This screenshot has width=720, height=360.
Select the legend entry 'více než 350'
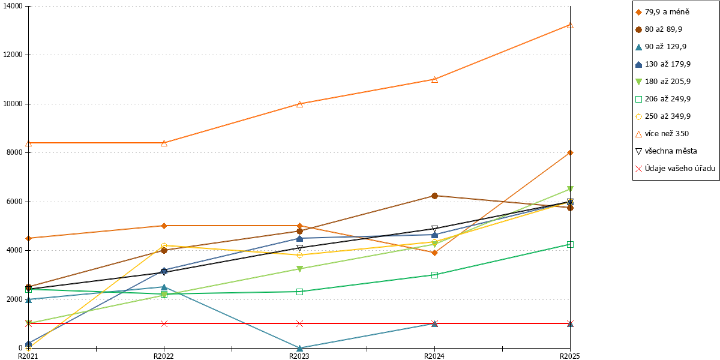(662, 134)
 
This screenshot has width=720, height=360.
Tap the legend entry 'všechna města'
(667, 151)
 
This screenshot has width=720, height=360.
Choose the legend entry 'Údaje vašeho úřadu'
(676, 169)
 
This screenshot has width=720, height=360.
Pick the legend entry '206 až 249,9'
(663, 99)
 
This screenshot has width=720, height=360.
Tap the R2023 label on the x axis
(299, 356)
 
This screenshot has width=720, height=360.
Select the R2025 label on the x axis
(570, 356)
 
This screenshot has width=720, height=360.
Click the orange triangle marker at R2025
(570, 25)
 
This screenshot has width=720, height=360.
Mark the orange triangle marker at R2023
(299, 104)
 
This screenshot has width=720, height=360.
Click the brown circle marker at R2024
(434, 196)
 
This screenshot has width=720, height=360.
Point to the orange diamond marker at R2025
(570, 152)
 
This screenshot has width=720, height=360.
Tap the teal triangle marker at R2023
(299, 348)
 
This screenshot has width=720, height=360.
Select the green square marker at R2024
(434, 275)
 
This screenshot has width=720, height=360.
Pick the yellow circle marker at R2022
(164, 246)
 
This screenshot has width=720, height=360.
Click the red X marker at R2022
(164, 323)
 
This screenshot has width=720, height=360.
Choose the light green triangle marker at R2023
(299, 269)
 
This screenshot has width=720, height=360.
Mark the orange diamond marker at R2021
(29, 238)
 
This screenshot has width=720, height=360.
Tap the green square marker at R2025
(570, 245)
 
